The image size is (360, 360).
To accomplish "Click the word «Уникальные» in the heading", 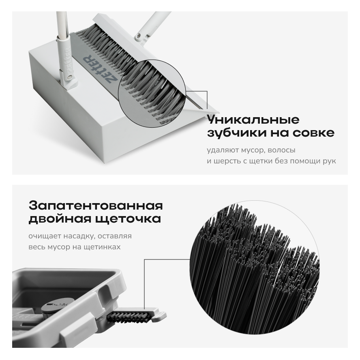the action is pyautogui.click(x=253, y=120).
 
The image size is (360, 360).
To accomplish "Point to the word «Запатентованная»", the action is pyautogui.click(x=96, y=206).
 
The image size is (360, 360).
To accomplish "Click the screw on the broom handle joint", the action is pyautogui.click(x=138, y=36).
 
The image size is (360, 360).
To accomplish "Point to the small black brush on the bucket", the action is pyautogui.click(x=129, y=317).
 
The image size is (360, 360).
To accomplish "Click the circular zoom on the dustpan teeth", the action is pyautogui.click(x=152, y=93).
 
